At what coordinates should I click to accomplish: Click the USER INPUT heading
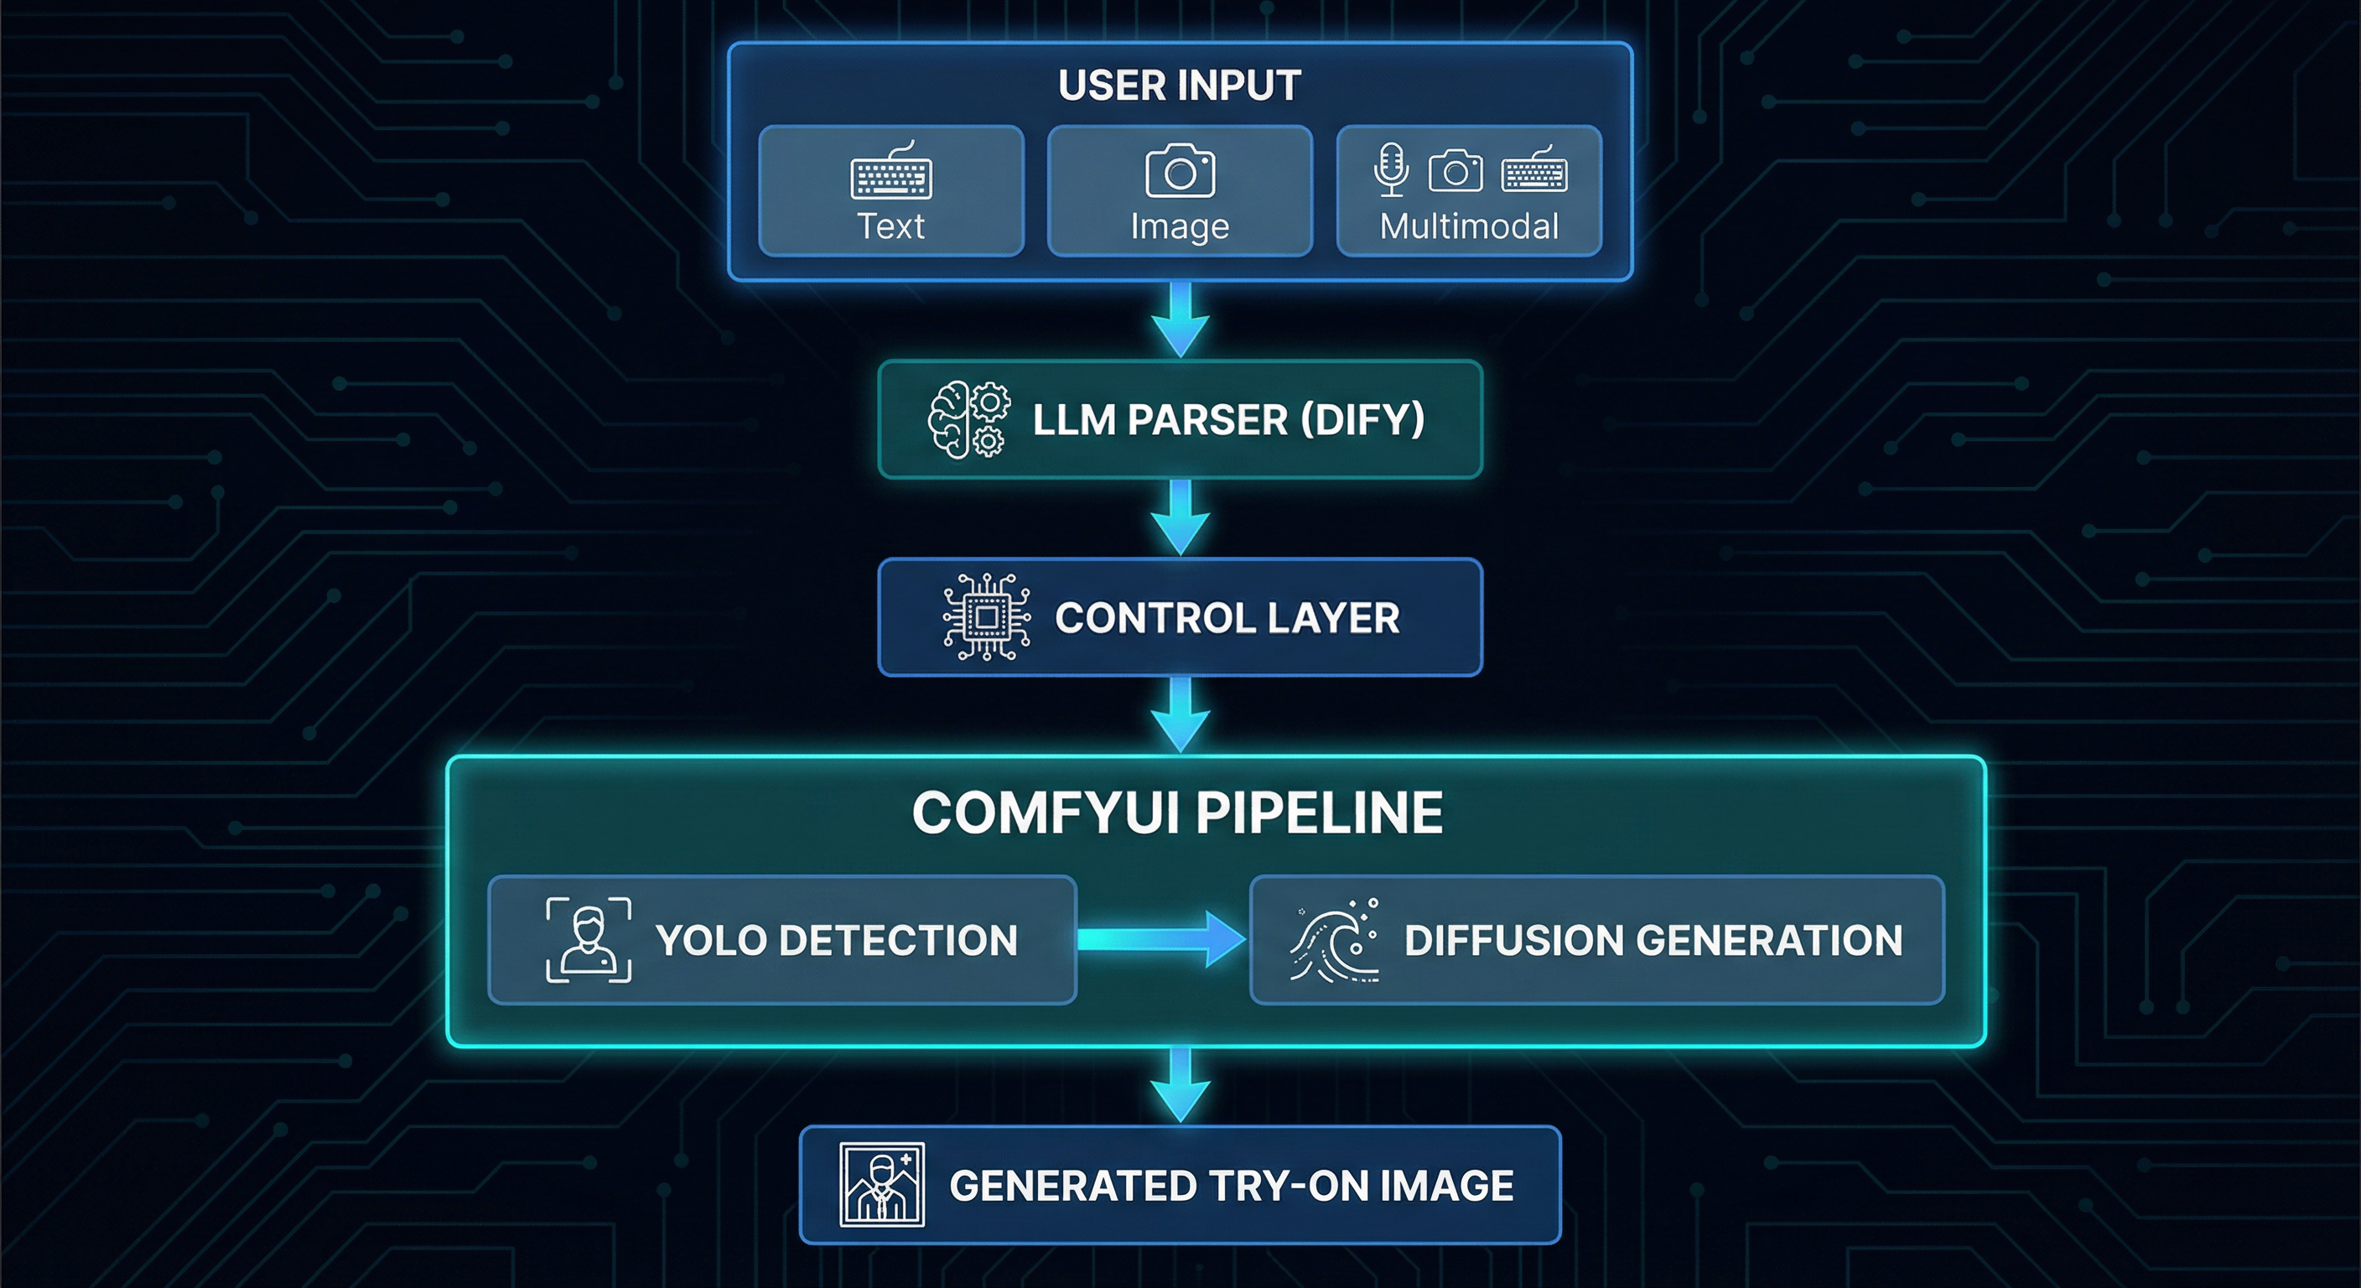1180,86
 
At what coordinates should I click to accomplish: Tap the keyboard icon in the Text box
891,170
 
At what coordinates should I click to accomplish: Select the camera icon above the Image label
1180,170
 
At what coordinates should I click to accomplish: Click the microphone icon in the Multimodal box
1391,169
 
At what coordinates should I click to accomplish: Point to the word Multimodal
1469,226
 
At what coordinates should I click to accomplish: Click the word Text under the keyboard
891,226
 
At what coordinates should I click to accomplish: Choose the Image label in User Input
1180,227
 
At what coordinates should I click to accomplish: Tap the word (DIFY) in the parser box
1363,420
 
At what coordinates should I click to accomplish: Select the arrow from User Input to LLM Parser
1180,319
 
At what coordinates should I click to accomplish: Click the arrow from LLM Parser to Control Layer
1180,517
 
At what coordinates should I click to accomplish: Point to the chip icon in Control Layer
986,617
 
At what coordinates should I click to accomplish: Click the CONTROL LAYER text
1227,618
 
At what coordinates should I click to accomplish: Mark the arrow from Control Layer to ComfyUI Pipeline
1180,715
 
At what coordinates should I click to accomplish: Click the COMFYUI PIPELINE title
1178,813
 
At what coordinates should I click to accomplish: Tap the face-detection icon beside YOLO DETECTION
589,940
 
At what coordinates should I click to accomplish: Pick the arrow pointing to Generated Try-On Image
1180,1085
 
